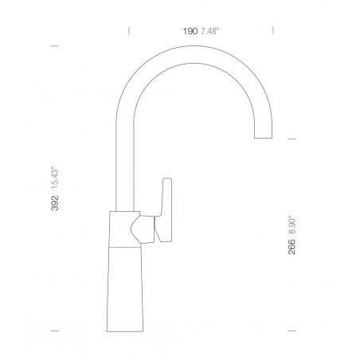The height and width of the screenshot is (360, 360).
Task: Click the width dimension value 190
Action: click(x=190, y=31)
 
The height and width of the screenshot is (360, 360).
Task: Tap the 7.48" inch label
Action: click(x=210, y=31)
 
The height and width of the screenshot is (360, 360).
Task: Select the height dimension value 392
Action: click(x=55, y=203)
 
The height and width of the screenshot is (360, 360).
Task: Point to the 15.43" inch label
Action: click(x=55, y=178)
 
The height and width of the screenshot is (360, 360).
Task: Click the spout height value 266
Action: click(x=292, y=247)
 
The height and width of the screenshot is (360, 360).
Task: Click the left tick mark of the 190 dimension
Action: click(x=129, y=30)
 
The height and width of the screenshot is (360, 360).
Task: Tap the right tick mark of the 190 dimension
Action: click(x=273, y=30)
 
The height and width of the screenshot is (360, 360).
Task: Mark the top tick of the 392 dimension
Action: click(x=55, y=46)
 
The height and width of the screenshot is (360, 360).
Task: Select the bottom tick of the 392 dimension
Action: click(x=55, y=331)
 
